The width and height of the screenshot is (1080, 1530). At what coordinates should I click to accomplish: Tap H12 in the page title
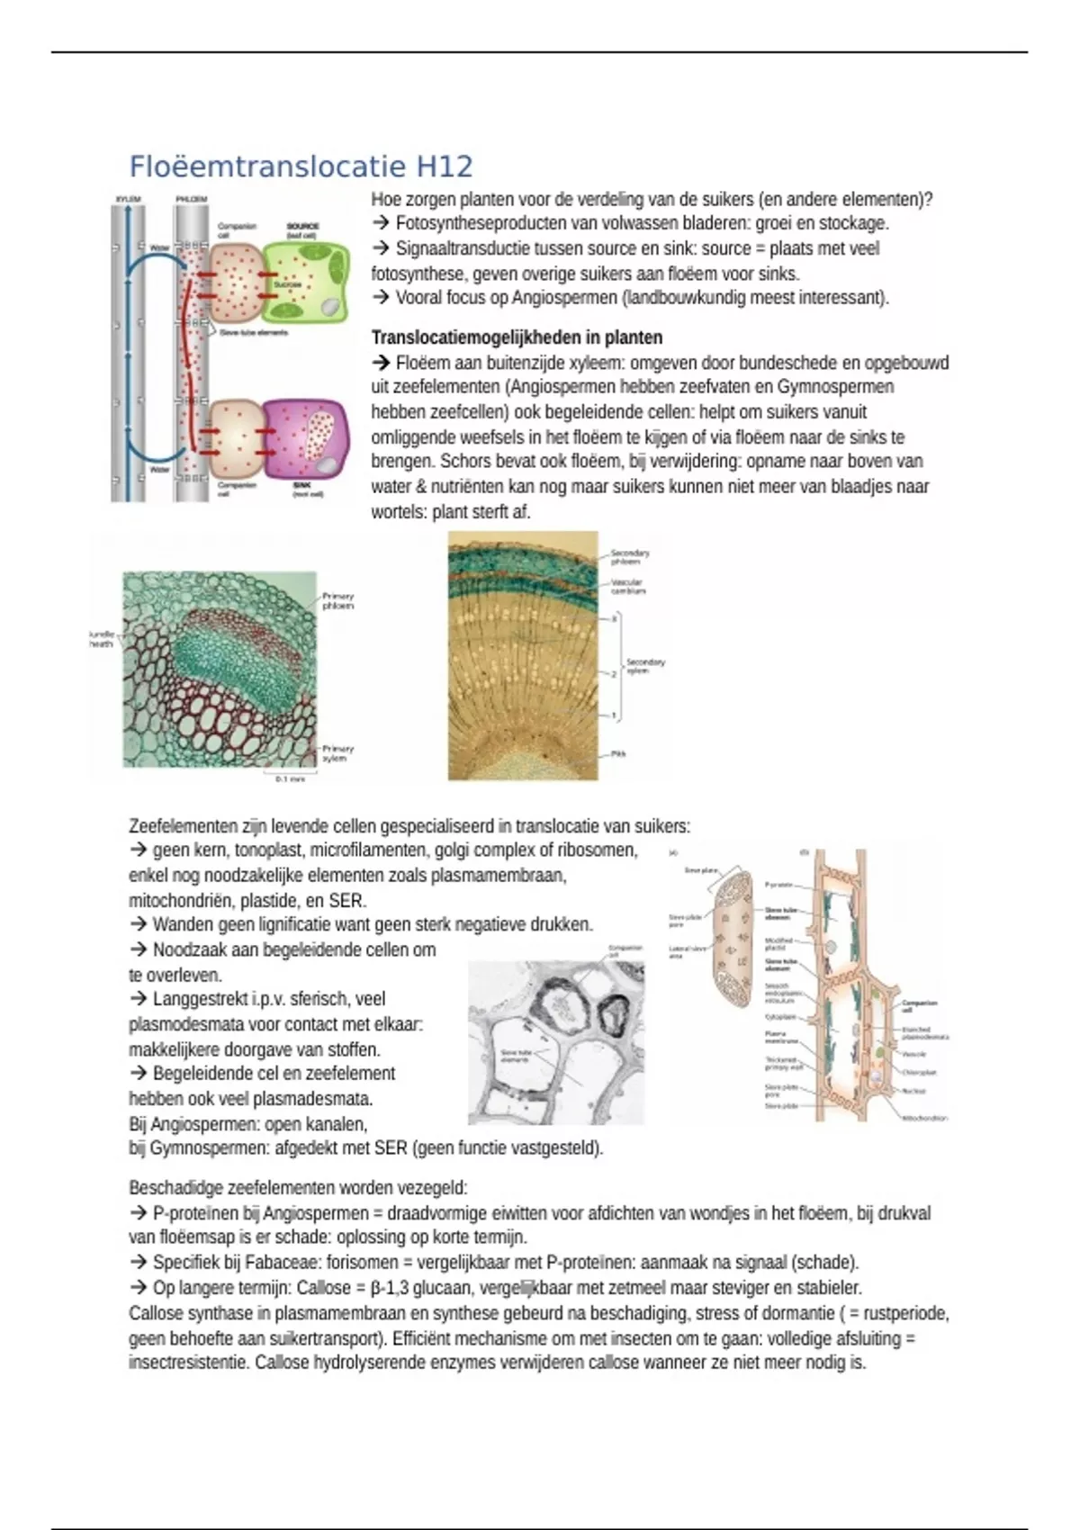coord(444,167)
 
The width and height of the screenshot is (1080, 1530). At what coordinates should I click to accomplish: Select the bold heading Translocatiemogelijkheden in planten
coord(517,337)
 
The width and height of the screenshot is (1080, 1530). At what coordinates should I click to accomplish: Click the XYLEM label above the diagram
coord(129,199)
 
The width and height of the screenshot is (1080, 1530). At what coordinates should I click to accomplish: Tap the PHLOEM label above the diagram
coord(191,199)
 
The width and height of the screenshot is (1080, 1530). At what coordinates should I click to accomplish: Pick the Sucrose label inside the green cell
coord(287,284)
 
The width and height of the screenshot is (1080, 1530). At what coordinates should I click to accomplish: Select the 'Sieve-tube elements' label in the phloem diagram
coord(254,332)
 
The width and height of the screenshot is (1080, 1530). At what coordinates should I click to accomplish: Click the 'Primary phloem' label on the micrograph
coord(338,600)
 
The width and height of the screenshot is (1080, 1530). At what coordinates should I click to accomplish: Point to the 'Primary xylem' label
coord(338,753)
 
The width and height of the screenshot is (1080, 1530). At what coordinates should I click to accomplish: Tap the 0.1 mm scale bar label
coord(290,778)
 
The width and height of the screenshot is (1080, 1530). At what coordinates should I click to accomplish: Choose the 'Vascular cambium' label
coord(628,586)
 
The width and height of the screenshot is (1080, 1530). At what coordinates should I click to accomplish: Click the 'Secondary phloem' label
coord(630,556)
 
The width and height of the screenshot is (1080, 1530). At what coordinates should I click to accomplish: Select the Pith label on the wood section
coord(618,753)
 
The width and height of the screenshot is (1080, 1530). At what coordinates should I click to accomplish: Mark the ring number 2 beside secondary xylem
coord(614,673)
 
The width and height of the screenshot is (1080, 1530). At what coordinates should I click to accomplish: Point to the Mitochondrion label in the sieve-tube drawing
coord(924,1118)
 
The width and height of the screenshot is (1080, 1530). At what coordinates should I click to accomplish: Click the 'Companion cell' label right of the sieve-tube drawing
coord(919,1005)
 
